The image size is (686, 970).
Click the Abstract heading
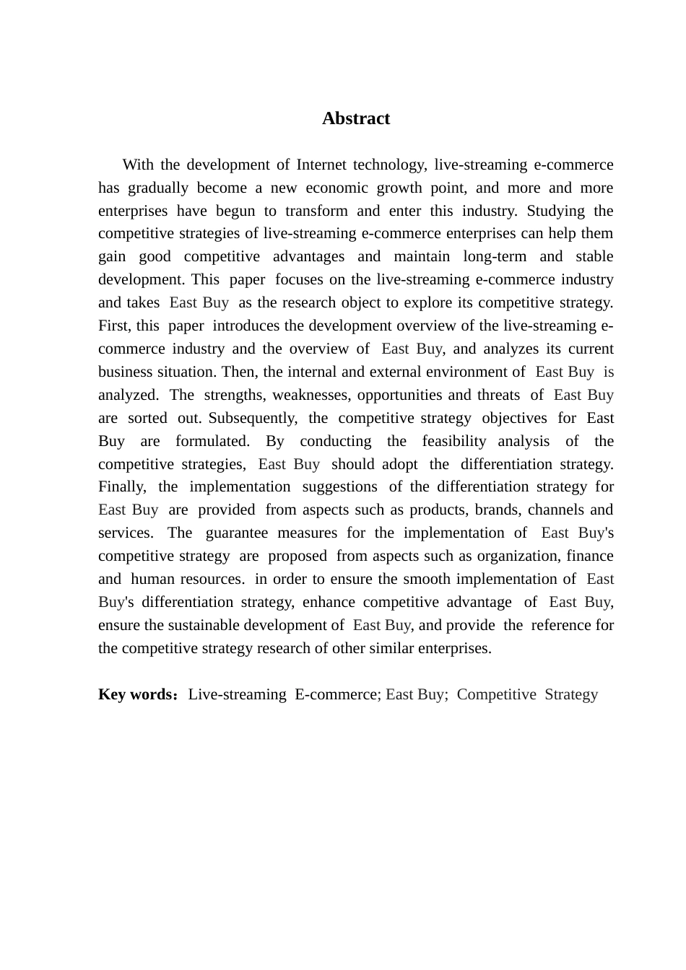355,118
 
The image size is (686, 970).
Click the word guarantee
236,533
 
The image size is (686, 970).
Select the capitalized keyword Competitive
496,694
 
